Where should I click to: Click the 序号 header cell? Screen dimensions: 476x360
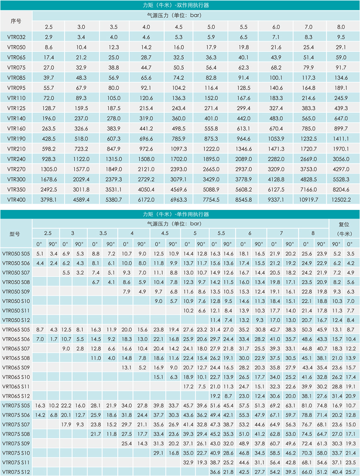click(16, 21)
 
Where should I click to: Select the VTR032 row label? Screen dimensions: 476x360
click(16, 37)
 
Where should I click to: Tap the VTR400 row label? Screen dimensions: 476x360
click(16, 199)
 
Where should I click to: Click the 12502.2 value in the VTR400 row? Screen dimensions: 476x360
click(341, 199)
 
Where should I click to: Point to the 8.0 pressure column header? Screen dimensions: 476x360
click(341, 27)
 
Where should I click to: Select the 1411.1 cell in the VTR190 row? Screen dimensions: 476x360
click(341, 138)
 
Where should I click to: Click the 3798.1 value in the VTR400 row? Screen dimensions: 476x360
click(49, 199)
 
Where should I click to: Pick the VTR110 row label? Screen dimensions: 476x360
click(16, 98)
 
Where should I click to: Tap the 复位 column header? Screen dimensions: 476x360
click(344, 224)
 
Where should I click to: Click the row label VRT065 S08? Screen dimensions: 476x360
click(16, 358)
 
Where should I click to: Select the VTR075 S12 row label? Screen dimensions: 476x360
click(16, 471)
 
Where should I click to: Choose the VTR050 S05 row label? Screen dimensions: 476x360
click(16, 253)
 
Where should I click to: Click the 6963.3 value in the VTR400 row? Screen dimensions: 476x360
click(179, 199)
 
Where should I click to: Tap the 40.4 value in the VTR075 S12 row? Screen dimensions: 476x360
click(336, 471)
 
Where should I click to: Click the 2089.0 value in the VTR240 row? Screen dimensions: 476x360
click(243, 158)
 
